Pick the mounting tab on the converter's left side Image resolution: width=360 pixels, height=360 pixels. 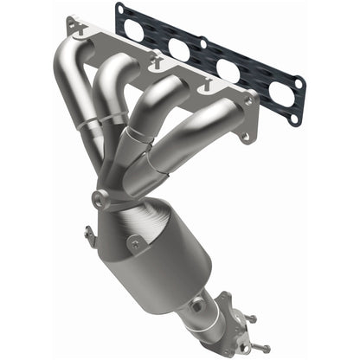88,233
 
